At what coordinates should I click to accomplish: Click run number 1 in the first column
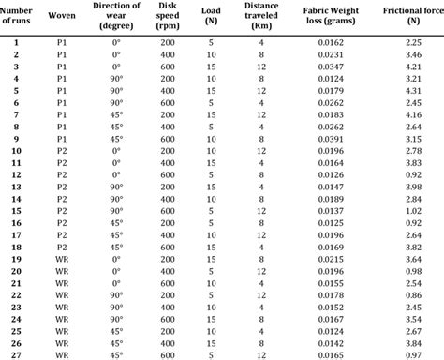(16, 43)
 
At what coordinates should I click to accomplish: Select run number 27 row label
(16, 354)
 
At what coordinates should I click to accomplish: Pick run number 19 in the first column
(16, 259)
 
